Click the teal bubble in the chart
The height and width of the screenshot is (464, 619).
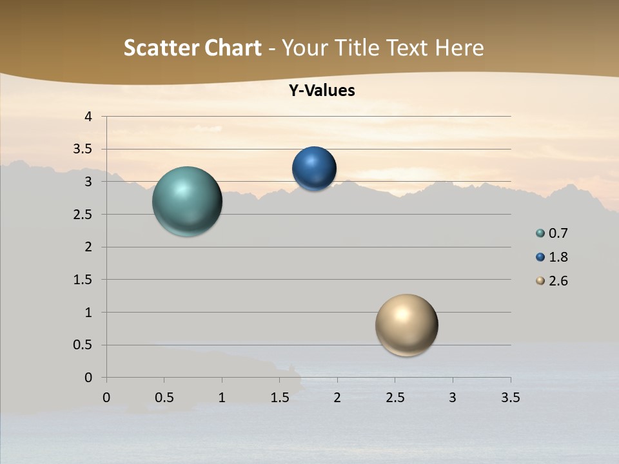pyautogui.click(x=187, y=201)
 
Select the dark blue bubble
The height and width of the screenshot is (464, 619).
pyautogui.click(x=314, y=169)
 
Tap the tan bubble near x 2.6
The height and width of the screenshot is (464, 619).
pyautogui.click(x=406, y=325)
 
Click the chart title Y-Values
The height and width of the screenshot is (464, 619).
pyautogui.click(x=322, y=91)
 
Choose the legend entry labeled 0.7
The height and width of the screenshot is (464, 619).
pyautogui.click(x=552, y=233)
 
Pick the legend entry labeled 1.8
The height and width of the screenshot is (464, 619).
pyautogui.click(x=552, y=257)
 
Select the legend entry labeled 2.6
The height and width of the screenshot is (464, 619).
pyautogui.click(x=552, y=281)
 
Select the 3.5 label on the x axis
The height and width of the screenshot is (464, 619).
pyautogui.click(x=511, y=398)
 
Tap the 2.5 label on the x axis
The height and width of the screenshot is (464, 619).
pyautogui.click(x=395, y=398)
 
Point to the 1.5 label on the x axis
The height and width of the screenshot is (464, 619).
pyautogui.click(x=280, y=398)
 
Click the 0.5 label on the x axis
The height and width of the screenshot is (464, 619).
pyautogui.click(x=164, y=398)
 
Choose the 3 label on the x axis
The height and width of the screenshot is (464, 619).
pyautogui.click(x=453, y=398)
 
